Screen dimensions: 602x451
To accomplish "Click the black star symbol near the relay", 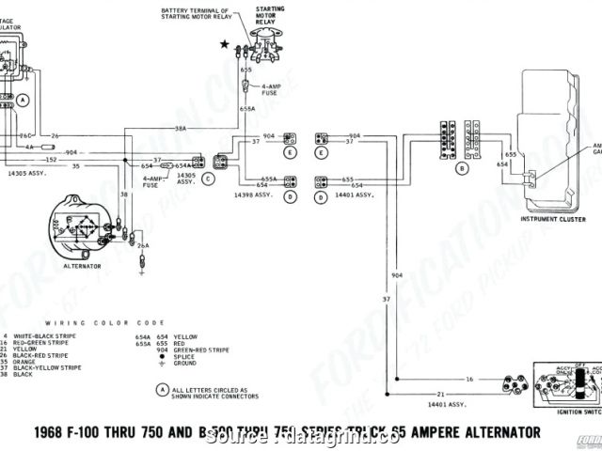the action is click(224, 44).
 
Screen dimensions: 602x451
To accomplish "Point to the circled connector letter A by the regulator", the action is click(23, 98).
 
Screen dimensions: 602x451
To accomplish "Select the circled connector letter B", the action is click(462, 169).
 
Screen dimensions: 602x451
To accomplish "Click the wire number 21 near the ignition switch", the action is click(439, 395).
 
